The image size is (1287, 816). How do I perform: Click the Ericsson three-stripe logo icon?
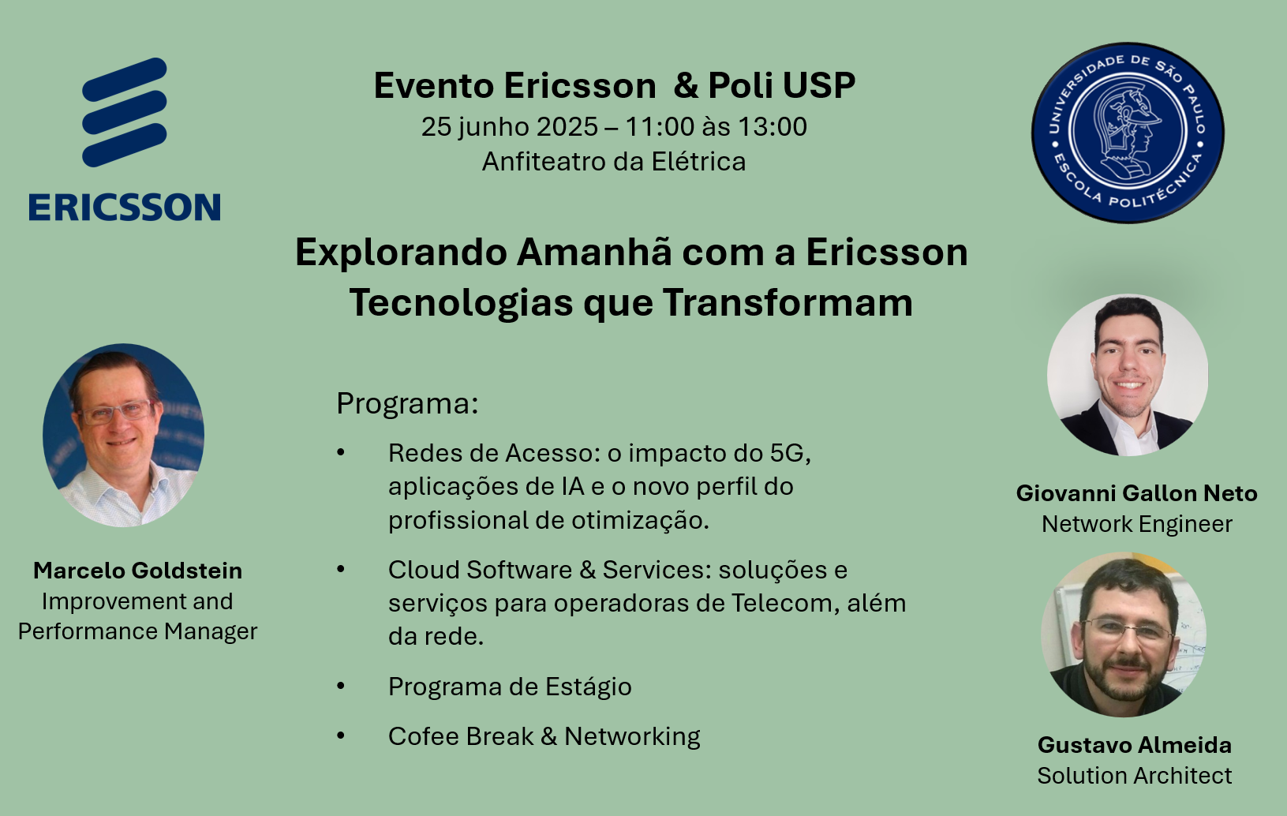(124, 112)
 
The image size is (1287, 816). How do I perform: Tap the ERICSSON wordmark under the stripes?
(125, 207)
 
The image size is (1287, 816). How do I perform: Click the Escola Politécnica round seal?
(1128, 133)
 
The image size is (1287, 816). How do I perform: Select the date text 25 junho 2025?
(510, 127)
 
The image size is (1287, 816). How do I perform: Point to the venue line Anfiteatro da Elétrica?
(614, 162)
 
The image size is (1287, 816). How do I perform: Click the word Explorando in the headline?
(401, 253)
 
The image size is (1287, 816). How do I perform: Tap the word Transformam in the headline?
(788, 302)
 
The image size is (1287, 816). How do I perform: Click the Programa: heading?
(407, 403)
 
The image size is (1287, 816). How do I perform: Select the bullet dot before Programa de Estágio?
(341, 686)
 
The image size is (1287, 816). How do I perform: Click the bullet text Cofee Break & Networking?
(544, 737)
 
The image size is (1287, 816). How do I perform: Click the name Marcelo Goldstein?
(138, 571)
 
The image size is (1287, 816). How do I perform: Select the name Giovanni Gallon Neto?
(1136, 493)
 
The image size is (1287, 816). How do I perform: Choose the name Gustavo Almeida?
(1135, 745)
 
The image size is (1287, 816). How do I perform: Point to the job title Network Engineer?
(1136, 524)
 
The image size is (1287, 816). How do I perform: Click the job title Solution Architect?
(1135, 776)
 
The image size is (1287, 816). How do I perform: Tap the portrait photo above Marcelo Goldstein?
(124, 435)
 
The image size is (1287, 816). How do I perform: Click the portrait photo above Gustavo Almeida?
(1124, 634)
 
